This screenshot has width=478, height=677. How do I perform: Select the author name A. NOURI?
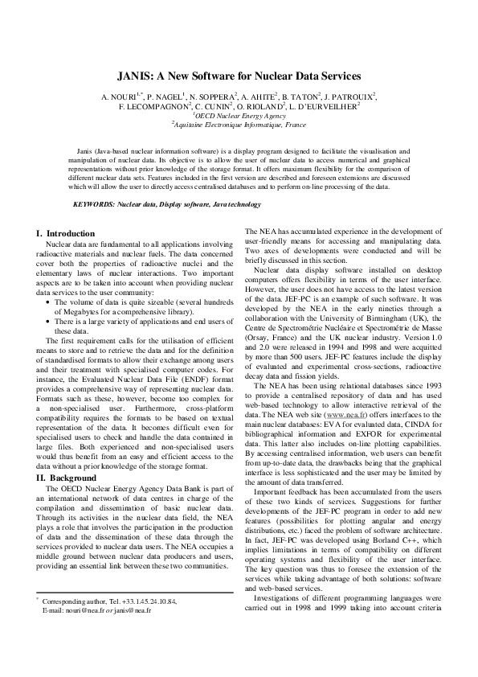click(x=121, y=96)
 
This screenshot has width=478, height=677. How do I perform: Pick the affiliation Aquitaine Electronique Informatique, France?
click(x=239, y=125)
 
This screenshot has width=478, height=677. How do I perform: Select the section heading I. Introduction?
click(x=66, y=233)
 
